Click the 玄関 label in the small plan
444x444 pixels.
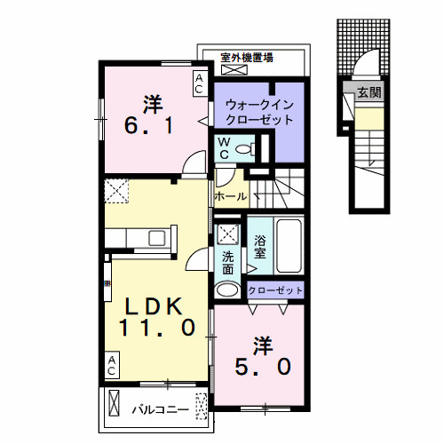pos(368,92)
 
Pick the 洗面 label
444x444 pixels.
pos(227,262)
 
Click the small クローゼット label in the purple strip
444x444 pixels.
pos(275,290)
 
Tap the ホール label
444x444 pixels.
pos(229,195)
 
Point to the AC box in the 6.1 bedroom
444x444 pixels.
pos(200,84)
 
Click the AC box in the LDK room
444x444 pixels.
pos(112,362)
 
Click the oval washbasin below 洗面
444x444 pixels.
pos(227,289)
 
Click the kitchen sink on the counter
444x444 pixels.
pos(157,236)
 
